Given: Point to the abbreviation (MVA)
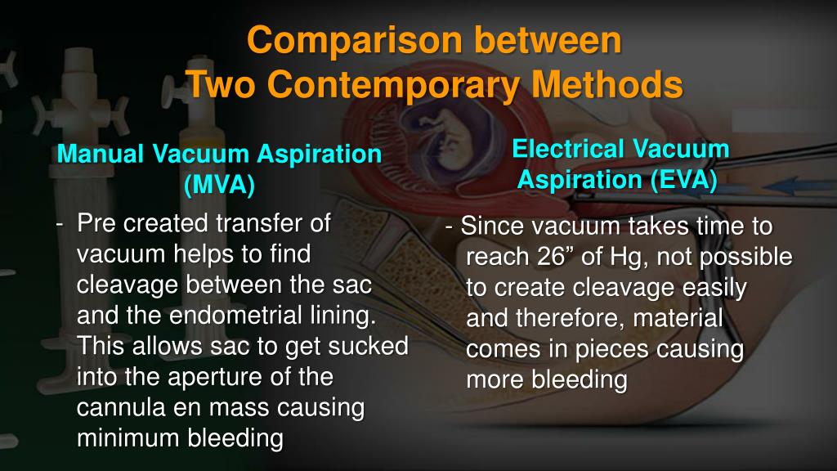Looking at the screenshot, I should (219, 185).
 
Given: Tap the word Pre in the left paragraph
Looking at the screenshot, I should (93, 223).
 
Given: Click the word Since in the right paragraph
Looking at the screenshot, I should (486, 226).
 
